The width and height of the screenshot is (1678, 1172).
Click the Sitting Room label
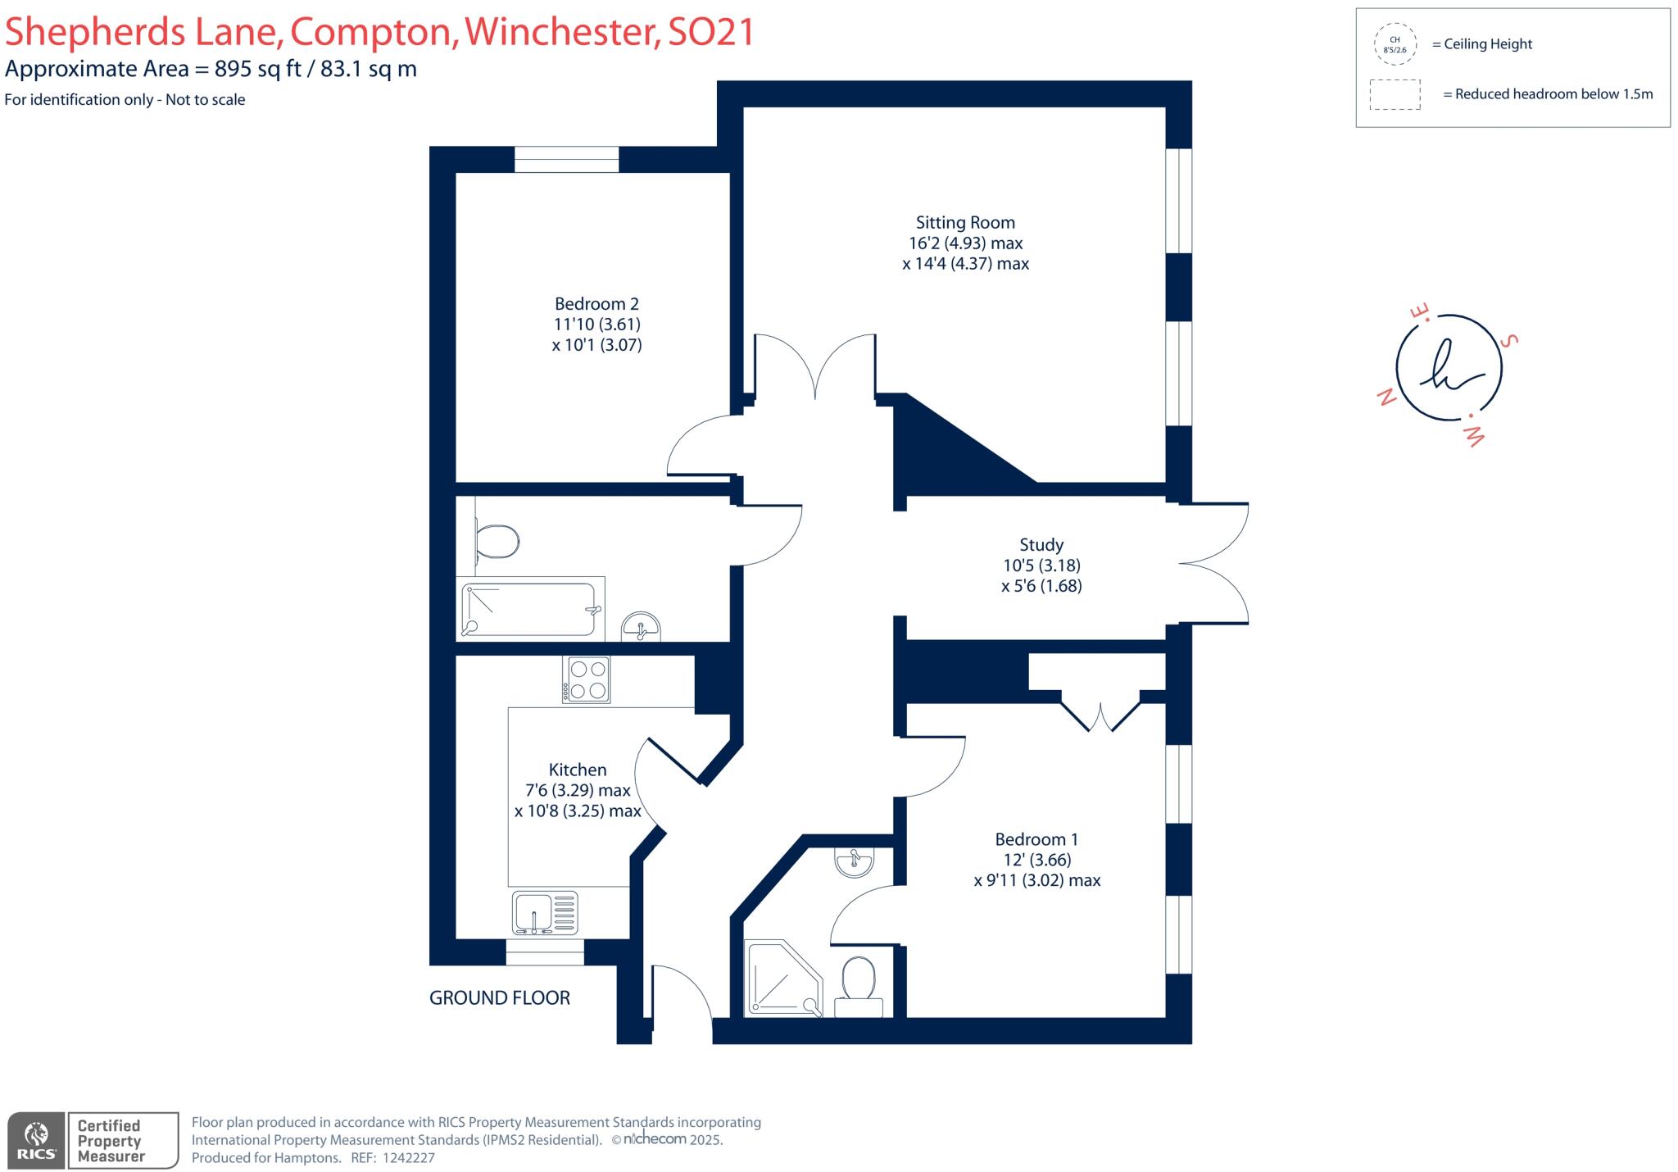pyautogui.click(x=965, y=223)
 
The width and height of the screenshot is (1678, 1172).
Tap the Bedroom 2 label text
pyautogui.click(x=596, y=304)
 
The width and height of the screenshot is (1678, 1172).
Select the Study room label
pyautogui.click(x=1041, y=545)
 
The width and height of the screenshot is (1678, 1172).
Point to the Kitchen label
pyautogui.click(x=578, y=770)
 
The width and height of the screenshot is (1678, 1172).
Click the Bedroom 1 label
pyautogui.click(x=1036, y=840)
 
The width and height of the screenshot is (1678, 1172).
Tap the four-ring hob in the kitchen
pyautogui.click(x=586, y=679)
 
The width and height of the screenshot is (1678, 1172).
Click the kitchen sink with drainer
pyautogui.click(x=545, y=913)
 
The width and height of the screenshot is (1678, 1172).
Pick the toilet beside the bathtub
pyautogui.click(x=497, y=542)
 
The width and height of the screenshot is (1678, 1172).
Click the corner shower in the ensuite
pyautogui.click(x=782, y=978)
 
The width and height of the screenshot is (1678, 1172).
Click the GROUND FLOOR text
pyautogui.click(x=500, y=998)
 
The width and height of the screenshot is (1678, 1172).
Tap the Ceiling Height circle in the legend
pyautogui.click(x=1395, y=44)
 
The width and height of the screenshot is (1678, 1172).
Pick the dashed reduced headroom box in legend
pyautogui.click(x=1395, y=94)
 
